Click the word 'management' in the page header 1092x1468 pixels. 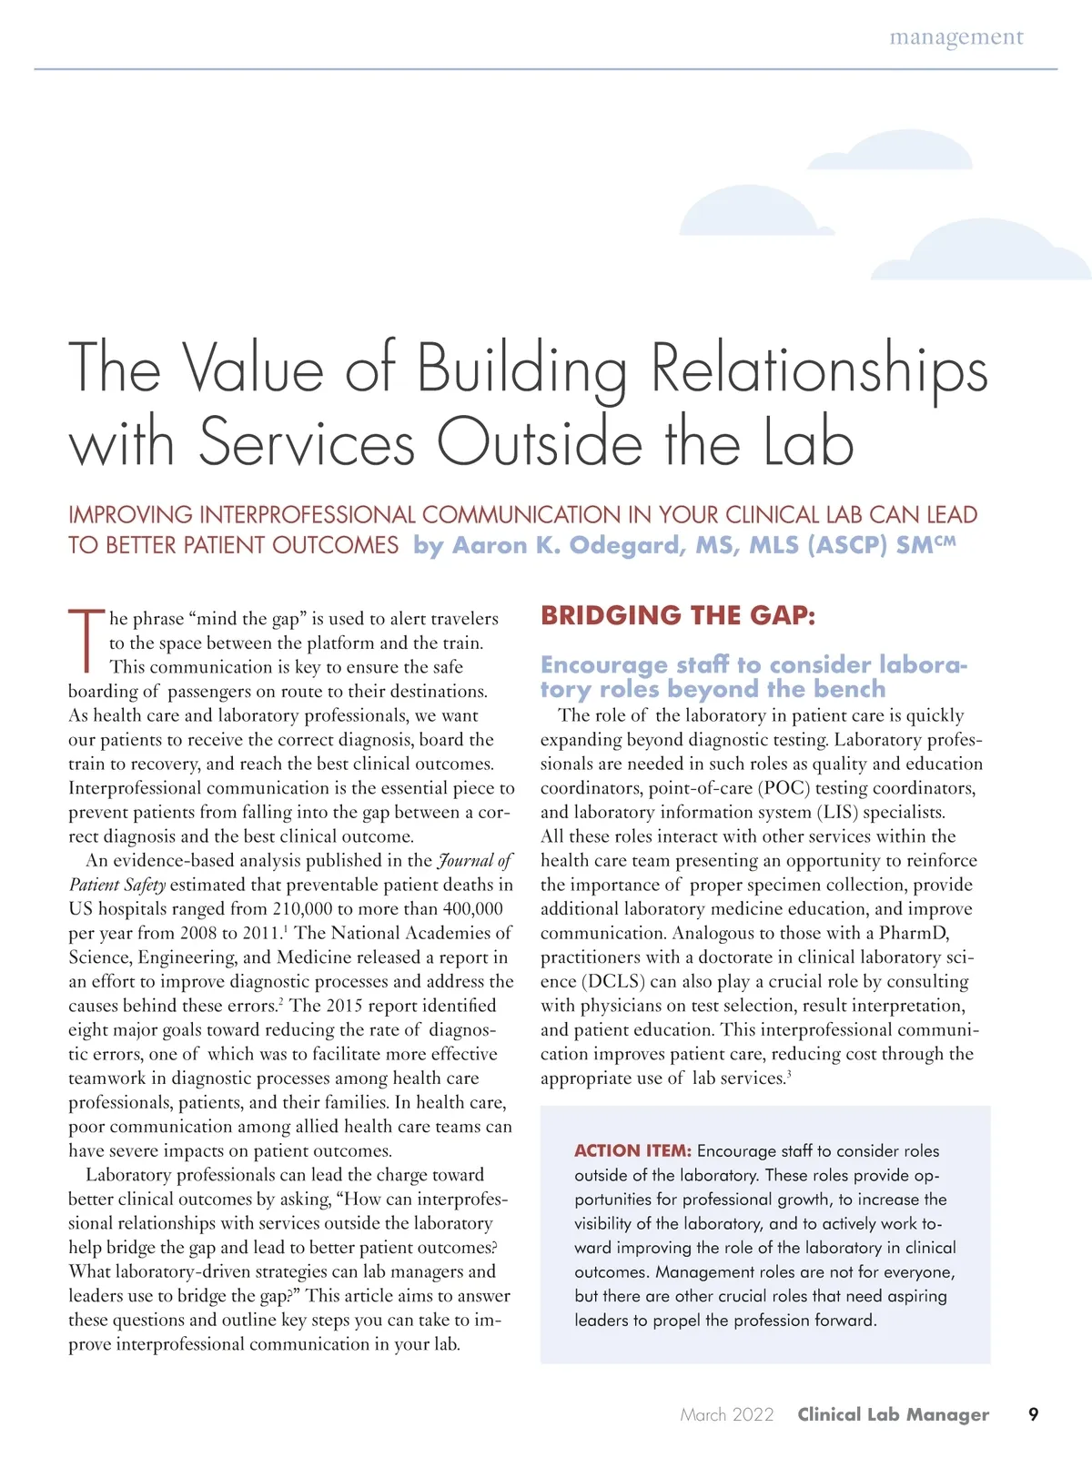[955, 37]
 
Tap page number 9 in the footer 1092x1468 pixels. [1033, 1414]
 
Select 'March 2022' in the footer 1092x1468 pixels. [726, 1414]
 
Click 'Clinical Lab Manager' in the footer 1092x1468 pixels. [893, 1414]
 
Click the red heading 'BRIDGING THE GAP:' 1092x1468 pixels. [678, 615]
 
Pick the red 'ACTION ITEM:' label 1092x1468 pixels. [632, 1150]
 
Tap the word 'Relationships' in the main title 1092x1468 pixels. [819, 369]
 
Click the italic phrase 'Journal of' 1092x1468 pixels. [475, 860]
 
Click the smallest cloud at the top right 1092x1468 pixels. [890, 150]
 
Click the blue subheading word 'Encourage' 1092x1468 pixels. [604, 664]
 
